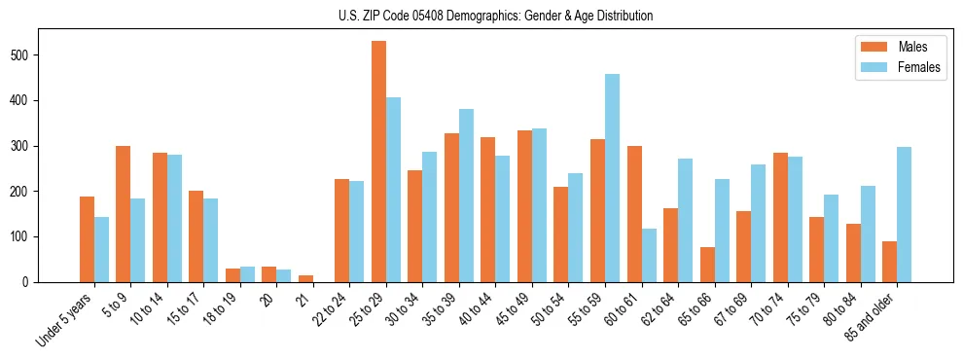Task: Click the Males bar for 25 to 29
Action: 378,162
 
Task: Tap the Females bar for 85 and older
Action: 904,214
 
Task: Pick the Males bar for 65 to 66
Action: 707,265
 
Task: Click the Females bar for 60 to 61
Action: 649,255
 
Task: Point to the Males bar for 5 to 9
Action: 124,214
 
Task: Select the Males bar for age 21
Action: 305,278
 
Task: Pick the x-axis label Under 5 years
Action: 65,318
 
